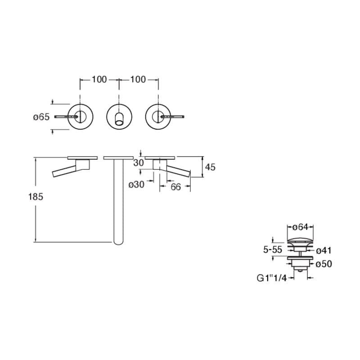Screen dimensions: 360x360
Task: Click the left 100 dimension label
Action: click(99, 80)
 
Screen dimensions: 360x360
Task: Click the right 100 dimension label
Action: click(138, 80)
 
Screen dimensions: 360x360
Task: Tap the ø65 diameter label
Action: click(41, 117)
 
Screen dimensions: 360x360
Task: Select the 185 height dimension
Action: click(36, 197)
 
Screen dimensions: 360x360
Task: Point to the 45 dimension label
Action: click(210, 167)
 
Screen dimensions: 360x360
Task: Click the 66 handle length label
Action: click(175, 187)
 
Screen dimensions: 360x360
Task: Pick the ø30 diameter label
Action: click(136, 184)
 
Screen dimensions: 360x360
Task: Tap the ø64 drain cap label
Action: click(300, 227)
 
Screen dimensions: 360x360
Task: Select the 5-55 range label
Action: click(273, 250)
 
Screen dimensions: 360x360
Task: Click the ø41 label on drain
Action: click(324, 251)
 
